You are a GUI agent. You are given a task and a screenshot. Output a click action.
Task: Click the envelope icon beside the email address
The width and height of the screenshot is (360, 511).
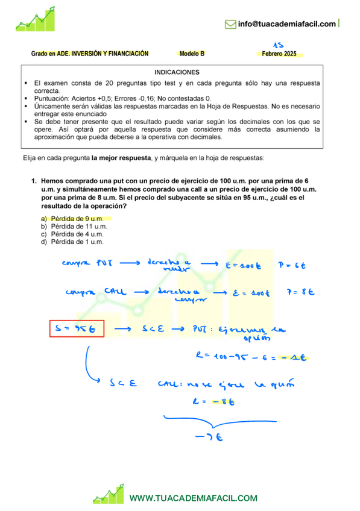click(x=230, y=24)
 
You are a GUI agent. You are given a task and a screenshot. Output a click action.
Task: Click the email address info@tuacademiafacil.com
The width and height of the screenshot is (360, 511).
click(x=286, y=24)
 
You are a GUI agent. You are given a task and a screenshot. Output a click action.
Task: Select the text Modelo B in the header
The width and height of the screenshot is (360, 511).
click(x=192, y=54)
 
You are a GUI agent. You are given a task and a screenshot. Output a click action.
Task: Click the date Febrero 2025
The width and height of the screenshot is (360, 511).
click(x=279, y=54)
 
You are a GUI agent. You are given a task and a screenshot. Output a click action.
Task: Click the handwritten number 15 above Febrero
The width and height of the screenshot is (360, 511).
click(x=278, y=45)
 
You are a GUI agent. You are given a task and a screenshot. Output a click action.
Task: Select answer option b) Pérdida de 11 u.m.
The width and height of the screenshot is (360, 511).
click(x=74, y=226)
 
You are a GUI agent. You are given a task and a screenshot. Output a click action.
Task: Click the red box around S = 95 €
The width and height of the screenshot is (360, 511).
click(x=77, y=329)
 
